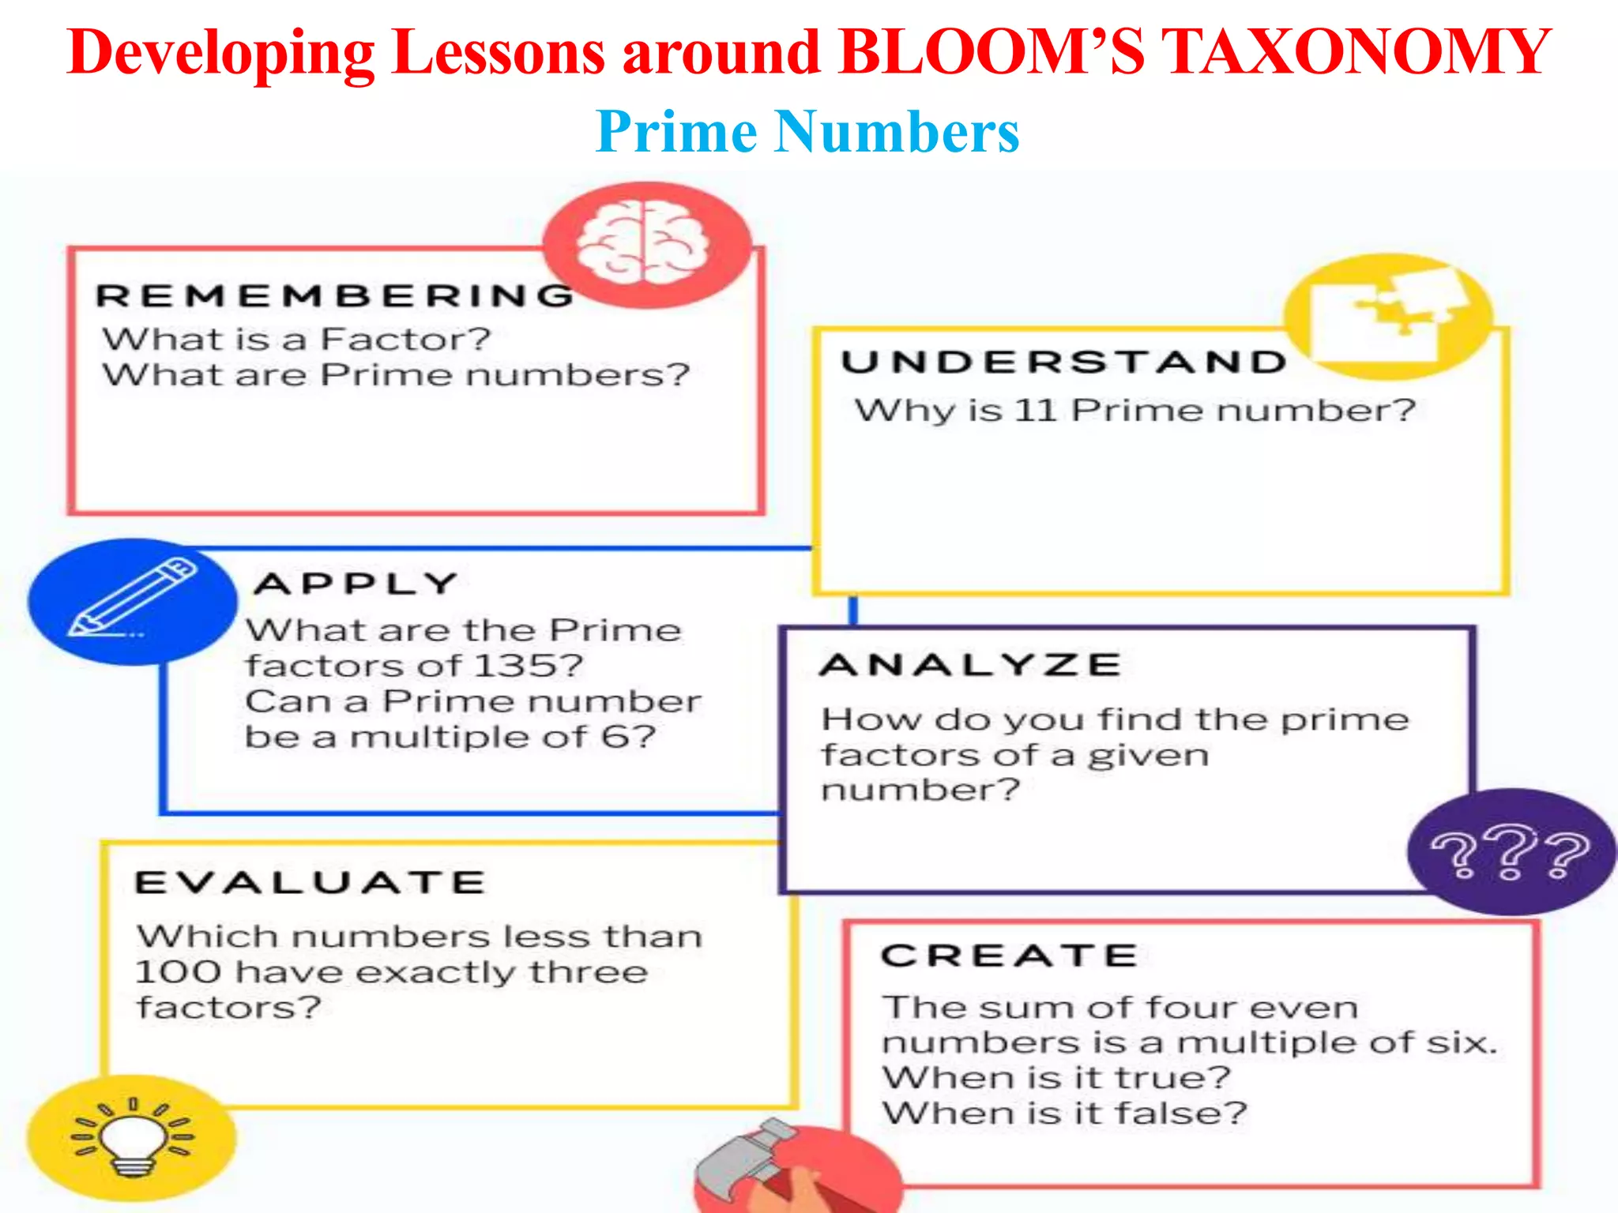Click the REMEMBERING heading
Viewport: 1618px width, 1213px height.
[x=335, y=296]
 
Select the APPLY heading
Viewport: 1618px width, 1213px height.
[x=356, y=584]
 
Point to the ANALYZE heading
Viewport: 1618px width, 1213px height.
[x=971, y=665]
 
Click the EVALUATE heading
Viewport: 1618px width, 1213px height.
[x=310, y=883]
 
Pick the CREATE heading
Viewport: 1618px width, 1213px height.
[x=1010, y=956]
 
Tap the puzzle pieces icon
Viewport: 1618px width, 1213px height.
[x=1388, y=314]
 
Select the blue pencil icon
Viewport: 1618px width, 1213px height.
[x=133, y=600]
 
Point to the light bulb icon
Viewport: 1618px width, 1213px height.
[x=133, y=1137]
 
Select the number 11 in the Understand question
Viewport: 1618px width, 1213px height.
[x=1035, y=411]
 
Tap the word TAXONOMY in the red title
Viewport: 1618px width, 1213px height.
[x=1356, y=52]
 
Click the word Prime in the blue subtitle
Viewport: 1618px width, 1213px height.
[x=676, y=131]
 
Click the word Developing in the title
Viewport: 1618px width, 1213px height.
[x=221, y=54]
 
